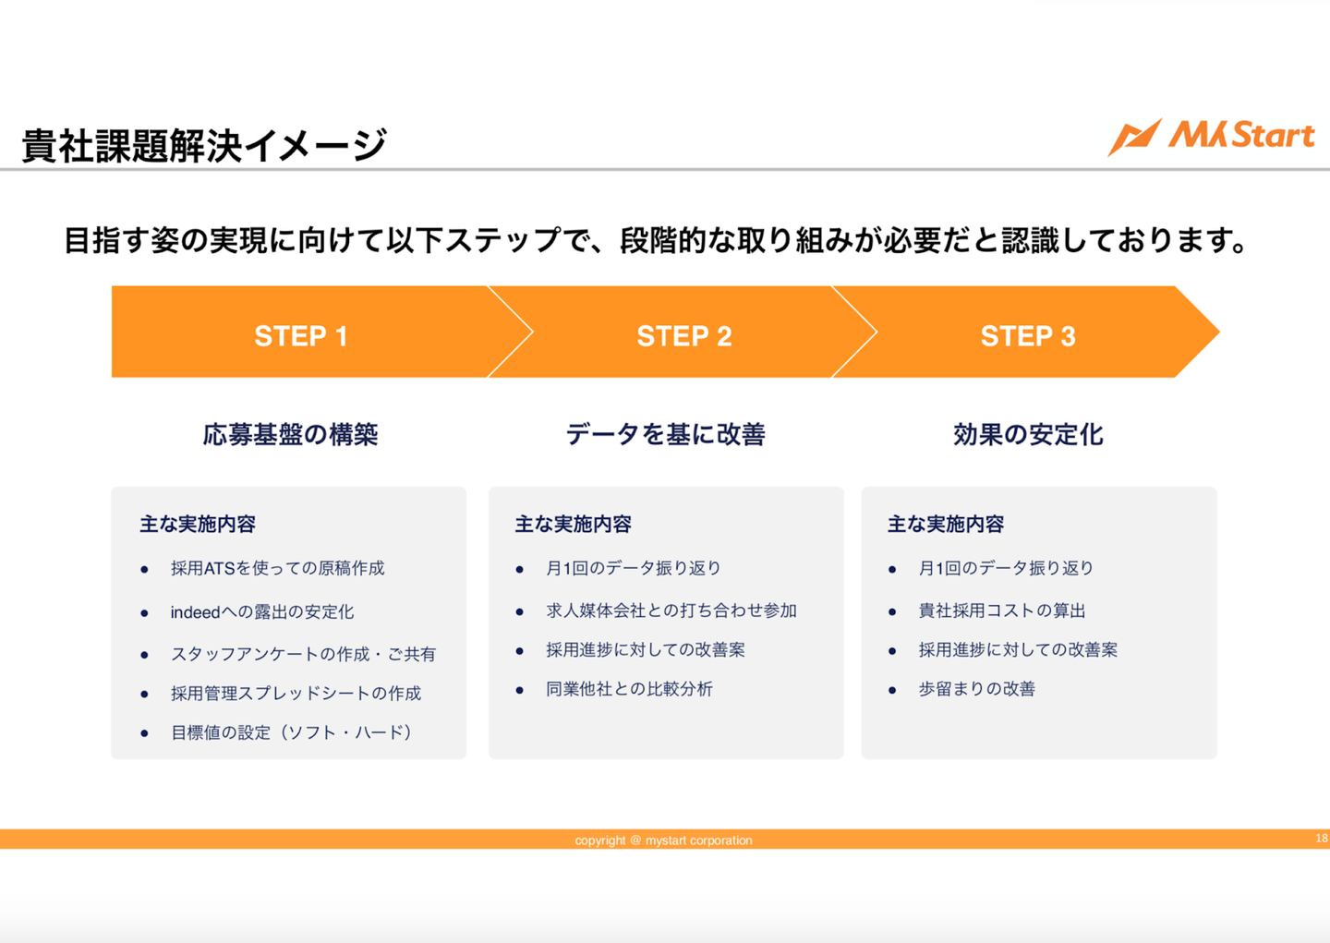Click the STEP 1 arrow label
[x=301, y=336]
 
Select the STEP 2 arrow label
[x=683, y=336]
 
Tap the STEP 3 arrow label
[x=1027, y=336]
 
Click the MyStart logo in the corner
[x=1211, y=137]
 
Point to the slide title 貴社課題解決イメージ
[x=203, y=146]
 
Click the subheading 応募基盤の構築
[x=290, y=434]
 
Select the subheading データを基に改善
[x=665, y=434]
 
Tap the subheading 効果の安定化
[x=1028, y=434]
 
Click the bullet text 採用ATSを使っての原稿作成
[x=277, y=568]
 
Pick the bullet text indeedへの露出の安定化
[x=261, y=611]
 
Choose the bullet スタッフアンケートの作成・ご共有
[x=303, y=654]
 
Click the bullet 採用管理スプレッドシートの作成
[x=296, y=694]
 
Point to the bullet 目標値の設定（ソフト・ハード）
[x=291, y=732]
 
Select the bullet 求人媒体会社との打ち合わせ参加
[x=671, y=611]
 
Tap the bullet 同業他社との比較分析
[x=629, y=689]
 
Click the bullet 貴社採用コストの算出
[x=1001, y=611]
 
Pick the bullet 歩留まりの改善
[x=976, y=689]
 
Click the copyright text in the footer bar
[x=663, y=840]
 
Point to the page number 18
[x=1322, y=839]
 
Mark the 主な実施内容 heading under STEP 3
[x=945, y=525]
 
